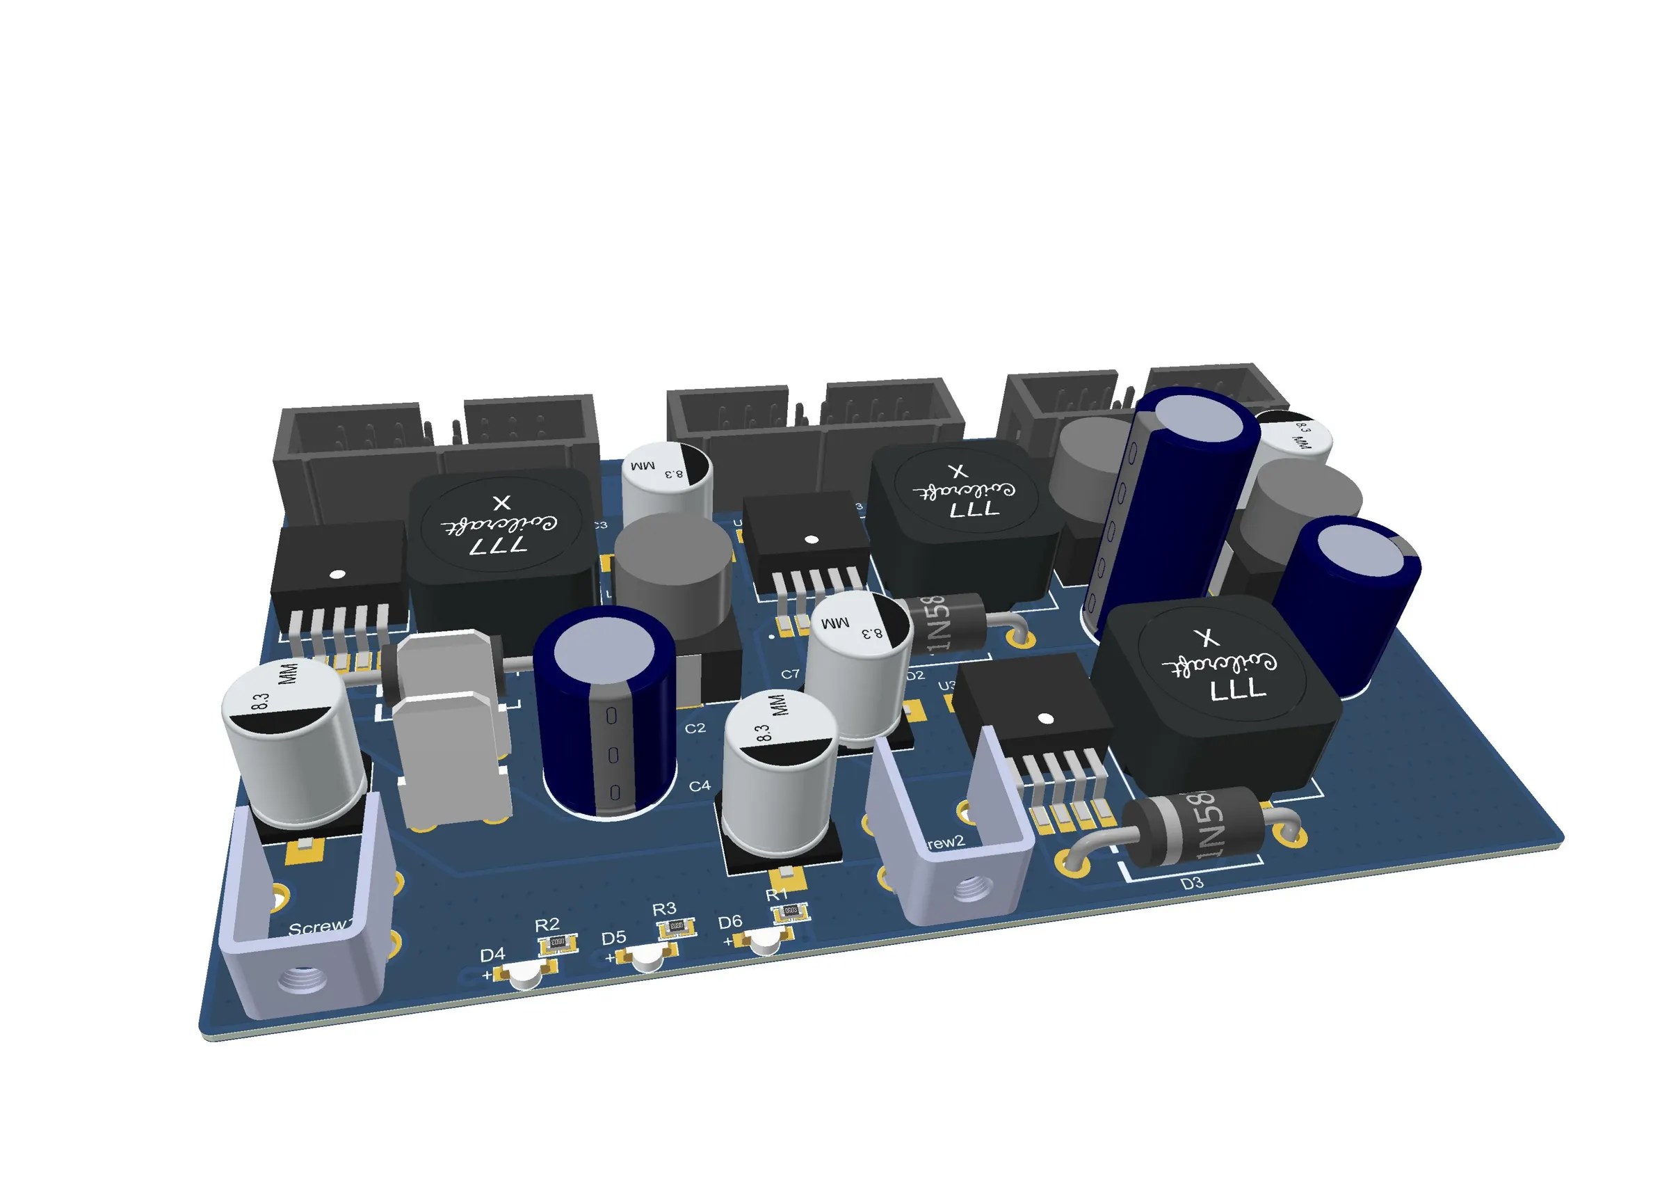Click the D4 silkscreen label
(492, 954)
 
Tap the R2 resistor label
(547, 924)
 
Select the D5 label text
(613, 937)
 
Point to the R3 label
(663, 909)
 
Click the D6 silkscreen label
(729, 922)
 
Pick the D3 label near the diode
(1191, 884)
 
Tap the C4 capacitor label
(700, 786)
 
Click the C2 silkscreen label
(695, 728)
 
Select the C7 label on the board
(790, 674)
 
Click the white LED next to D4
(525, 979)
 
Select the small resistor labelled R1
(791, 911)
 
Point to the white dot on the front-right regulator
(1045, 719)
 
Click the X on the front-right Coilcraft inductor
(1207, 638)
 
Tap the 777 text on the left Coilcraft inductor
(498, 545)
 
